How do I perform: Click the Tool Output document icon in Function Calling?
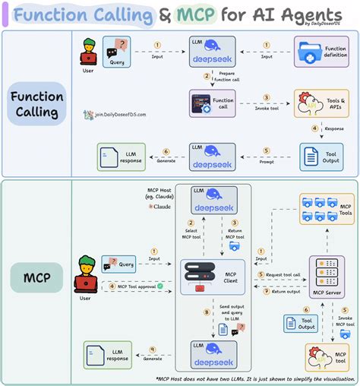[311, 156]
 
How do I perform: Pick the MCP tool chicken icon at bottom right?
[327, 357]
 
